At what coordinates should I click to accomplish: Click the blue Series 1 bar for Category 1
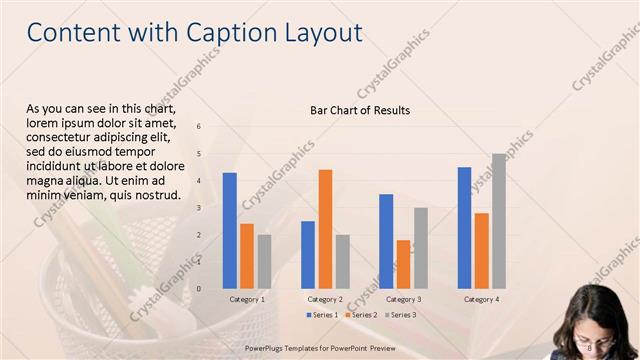[x=230, y=230]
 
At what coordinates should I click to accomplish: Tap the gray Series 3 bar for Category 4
[x=498, y=221]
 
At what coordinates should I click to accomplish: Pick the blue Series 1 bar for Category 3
[x=386, y=241]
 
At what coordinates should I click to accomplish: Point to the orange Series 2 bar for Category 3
[x=403, y=264]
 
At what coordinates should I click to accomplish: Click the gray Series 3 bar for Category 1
[x=264, y=261]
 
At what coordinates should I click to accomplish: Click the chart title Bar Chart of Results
[x=360, y=110]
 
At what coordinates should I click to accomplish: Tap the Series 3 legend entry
[x=401, y=315]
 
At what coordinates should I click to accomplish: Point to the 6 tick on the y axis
[x=199, y=127]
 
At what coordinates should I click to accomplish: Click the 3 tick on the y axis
[x=199, y=208]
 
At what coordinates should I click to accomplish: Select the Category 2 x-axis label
[x=325, y=299]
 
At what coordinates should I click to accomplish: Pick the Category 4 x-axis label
[x=481, y=299]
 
